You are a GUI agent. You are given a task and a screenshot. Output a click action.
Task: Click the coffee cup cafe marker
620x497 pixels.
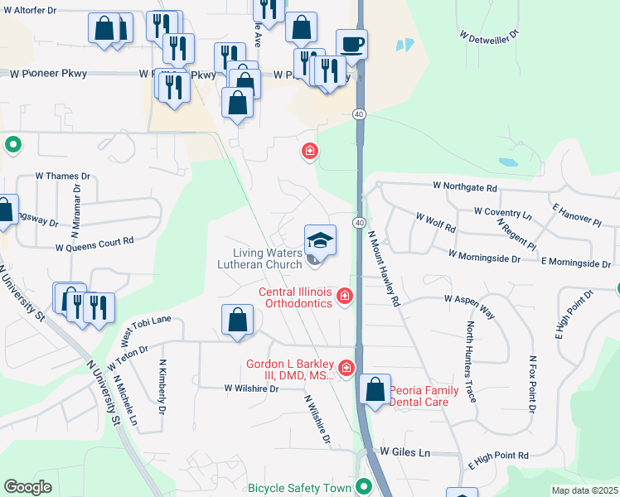tap(351, 43)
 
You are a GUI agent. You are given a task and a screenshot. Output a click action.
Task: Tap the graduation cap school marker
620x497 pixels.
tap(320, 240)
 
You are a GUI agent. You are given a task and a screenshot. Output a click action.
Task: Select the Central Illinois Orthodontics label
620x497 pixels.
tap(296, 297)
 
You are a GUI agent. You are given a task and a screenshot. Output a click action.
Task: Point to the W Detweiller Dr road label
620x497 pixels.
tap(489, 36)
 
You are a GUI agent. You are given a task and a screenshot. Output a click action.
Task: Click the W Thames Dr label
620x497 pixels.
tap(62, 176)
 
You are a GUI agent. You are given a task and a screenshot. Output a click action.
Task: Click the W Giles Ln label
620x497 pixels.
tap(406, 452)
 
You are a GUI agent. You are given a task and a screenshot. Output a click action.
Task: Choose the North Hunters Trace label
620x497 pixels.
tap(472, 361)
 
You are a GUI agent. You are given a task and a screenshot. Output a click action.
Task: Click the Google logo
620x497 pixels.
tap(27, 487)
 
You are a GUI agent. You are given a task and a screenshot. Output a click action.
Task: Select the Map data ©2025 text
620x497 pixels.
tap(584, 490)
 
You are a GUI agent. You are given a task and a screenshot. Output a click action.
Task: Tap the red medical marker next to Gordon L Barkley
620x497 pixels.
tap(345, 367)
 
